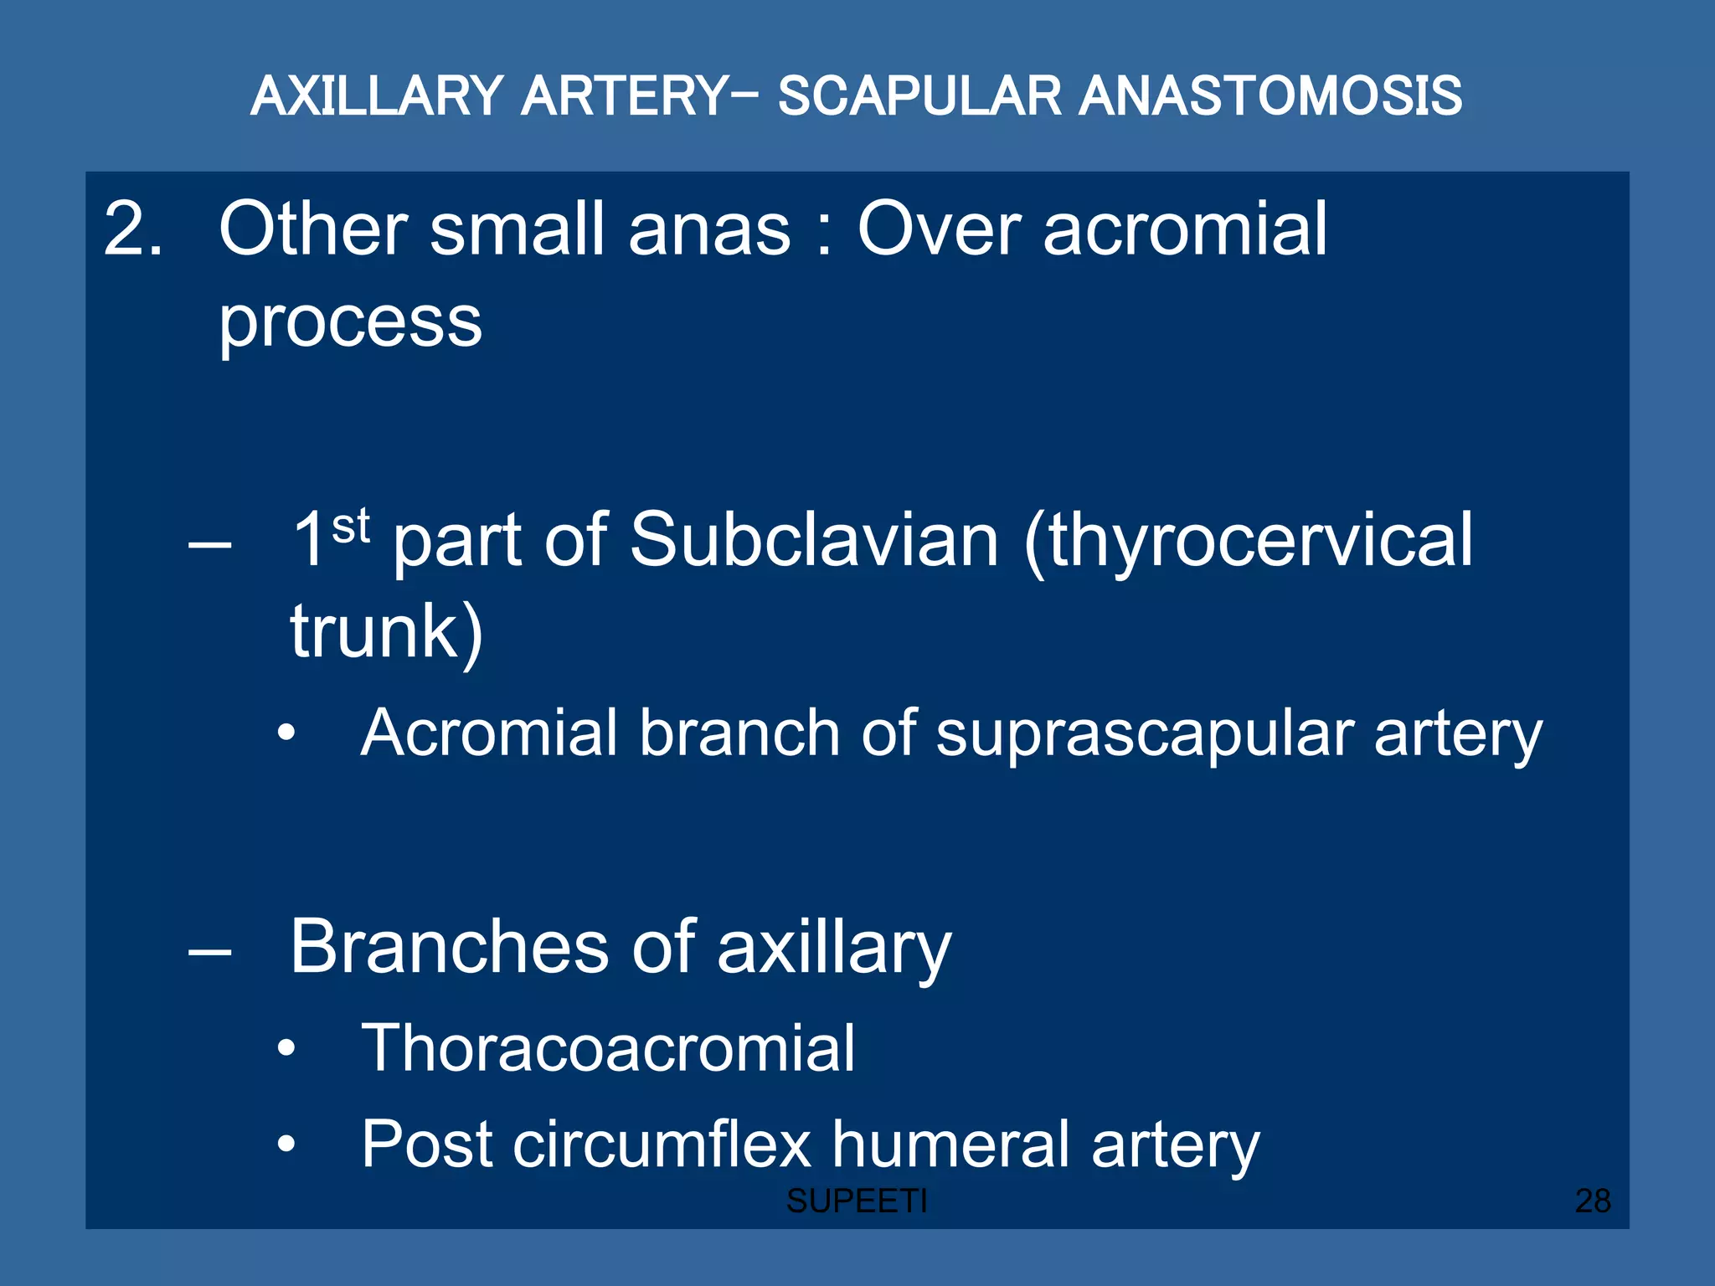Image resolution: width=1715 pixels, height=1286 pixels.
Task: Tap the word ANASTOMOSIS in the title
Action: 1270,96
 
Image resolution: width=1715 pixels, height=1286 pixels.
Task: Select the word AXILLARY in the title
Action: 377,96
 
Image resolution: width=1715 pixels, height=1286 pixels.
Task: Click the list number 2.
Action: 132,229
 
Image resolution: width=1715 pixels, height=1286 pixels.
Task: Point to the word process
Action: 350,323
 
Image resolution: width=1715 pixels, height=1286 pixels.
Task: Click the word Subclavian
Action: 814,540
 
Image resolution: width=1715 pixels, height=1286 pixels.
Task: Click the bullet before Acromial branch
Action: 287,733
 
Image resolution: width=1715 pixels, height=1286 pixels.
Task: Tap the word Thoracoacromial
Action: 608,1048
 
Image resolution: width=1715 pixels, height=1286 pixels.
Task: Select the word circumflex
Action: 662,1144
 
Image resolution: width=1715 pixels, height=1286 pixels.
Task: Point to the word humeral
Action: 950,1144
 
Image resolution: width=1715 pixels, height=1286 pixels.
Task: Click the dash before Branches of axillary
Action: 209,951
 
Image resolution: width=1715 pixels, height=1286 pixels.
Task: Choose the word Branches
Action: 449,947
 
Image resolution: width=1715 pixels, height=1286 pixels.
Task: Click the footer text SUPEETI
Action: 857,1201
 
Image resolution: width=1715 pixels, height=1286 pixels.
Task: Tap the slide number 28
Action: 1593,1201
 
